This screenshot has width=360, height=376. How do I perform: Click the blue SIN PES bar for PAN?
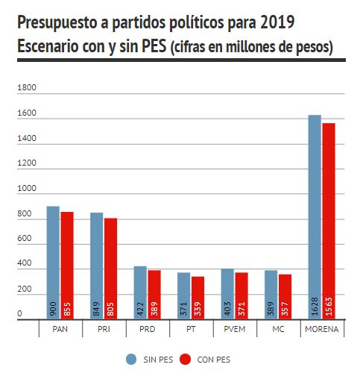click(x=53, y=263)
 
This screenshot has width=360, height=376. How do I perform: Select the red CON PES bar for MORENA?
click(x=329, y=221)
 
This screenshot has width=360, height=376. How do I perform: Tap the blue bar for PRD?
click(x=140, y=292)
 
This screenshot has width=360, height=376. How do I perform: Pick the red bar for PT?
click(x=198, y=298)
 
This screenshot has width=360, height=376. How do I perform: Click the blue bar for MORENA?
click(x=315, y=217)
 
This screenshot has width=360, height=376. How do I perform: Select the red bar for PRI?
click(x=110, y=269)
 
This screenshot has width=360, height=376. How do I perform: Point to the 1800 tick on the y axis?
click(x=27, y=87)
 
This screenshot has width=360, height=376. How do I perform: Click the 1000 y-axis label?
click(x=27, y=188)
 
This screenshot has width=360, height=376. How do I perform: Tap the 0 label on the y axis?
click(x=19, y=313)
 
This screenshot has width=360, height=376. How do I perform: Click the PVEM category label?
click(x=235, y=329)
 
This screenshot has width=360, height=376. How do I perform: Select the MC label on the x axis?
click(x=278, y=329)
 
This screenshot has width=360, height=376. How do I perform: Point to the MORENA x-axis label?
click(x=322, y=329)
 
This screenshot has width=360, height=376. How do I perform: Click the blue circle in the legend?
click(x=131, y=360)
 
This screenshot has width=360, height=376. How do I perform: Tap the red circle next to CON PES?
click(x=185, y=360)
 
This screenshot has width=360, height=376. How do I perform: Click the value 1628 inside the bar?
click(x=315, y=307)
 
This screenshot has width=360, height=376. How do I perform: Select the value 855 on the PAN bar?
click(x=67, y=309)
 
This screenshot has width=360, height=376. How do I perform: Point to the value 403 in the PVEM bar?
click(x=227, y=309)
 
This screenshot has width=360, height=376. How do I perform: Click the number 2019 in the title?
click(x=277, y=22)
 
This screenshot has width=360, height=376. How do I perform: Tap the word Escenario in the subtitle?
click(x=48, y=46)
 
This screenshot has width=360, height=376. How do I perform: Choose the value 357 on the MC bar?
click(x=285, y=309)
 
